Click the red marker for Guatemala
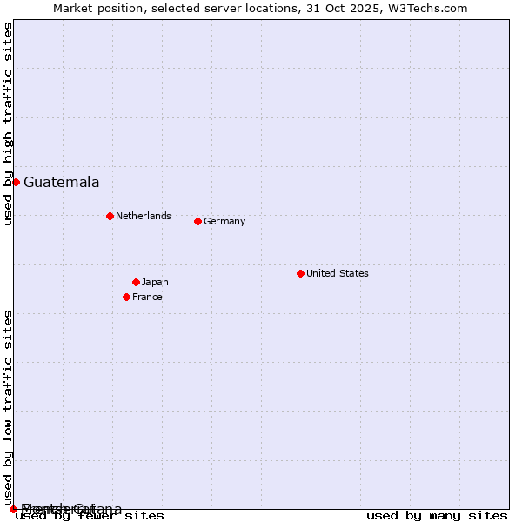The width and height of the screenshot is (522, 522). click(16, 182)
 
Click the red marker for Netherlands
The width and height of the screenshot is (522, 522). click(110, 216)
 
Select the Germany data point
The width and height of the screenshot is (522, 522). click(197, 221)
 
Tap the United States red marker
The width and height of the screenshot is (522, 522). click(300, 273)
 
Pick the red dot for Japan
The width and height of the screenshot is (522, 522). click(136, 282)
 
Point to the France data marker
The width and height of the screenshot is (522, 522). click(126, 297)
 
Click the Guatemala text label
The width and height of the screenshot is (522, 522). click(61, 182)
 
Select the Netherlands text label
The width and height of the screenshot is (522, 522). click(144, 216)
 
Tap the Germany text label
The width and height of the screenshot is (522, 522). click(224, 221)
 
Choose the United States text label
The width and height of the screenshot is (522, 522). click(338, 273)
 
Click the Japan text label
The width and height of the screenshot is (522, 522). click(155, 282)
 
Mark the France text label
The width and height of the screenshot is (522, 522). click(147, 297)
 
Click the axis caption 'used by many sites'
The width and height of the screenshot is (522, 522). click(437, 515)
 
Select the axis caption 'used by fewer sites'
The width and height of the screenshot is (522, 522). click(90, 516)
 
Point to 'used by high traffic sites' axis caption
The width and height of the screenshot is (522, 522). click(8, 124)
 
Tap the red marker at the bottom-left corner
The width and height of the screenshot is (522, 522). click(13, 509)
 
